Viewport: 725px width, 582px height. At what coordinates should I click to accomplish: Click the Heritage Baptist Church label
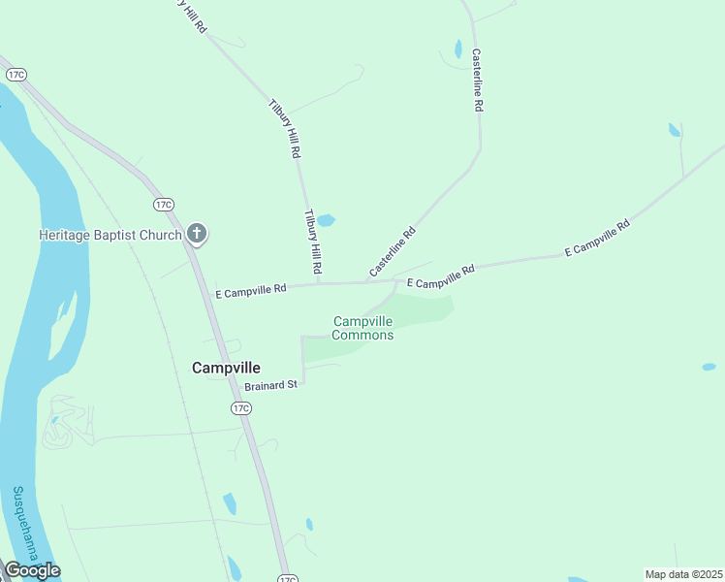pyautogui.click(x=110, y=235)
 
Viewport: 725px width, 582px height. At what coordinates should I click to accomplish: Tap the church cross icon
pyautogui.click(x=197, y=233)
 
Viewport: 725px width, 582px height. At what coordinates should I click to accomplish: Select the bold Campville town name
pyautogui.click(x=227, y=368)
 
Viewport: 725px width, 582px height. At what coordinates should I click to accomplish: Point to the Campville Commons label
pyautogui.click(x=362, y=328)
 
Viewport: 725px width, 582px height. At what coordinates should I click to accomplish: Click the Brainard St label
pyautogui.click(x=271, y=385)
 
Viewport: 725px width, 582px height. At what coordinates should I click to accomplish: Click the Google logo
pyautogui.click(x=32, y=570)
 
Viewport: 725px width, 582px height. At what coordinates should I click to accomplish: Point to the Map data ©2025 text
pyautogui.click(x=683, y=574)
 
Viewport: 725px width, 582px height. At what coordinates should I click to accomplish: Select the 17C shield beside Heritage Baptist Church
pyautogui.click(x=163, y=204)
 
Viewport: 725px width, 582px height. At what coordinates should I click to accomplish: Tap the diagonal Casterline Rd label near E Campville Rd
pyautogui.click(x=393, y=251)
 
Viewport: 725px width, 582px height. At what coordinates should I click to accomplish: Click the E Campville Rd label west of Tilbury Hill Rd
pyautogui.click(x=251, y=289)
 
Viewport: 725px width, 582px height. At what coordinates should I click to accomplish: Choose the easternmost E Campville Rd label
pyautogui.click(x=597, y=239)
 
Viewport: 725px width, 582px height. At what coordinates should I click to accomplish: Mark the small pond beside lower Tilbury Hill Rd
pyautogui.click(x=326, y=220)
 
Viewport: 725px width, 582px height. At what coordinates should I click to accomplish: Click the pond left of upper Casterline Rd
pyautogui.click(x=457, y=48)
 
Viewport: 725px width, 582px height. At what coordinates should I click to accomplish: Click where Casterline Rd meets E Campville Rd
pyautogui.click(x=367, y=282)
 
